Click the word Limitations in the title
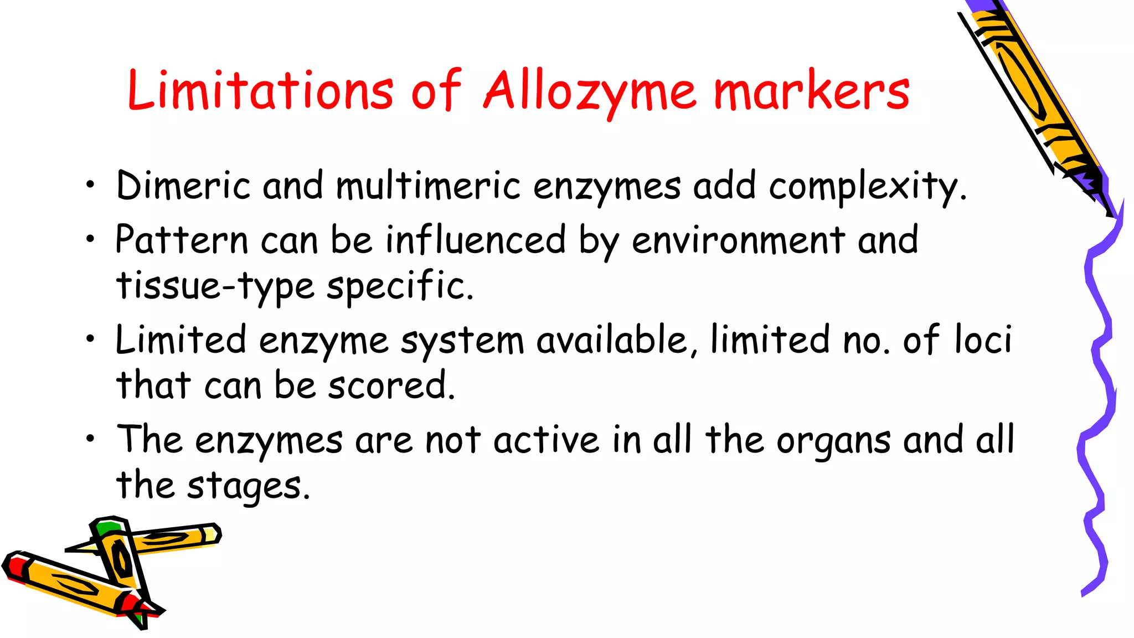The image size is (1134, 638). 260,90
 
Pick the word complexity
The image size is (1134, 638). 867,187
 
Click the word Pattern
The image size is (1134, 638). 182,240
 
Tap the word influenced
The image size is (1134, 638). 476,240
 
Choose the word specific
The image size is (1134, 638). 400,286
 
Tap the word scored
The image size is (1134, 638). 391,385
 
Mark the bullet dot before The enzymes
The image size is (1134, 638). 90,439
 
